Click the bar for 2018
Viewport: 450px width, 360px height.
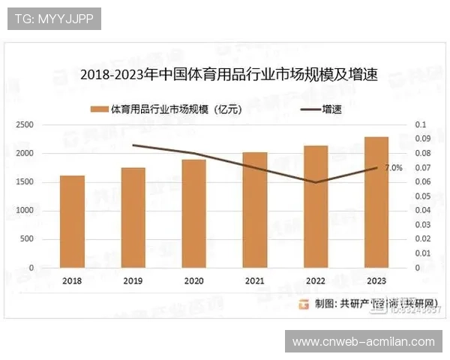pos(72,221)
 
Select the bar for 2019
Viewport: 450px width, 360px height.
pos(133,217)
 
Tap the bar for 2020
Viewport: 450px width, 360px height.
pos(194,213)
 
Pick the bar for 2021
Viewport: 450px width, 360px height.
pos(255,209)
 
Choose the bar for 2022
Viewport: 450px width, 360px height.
pos(316,206)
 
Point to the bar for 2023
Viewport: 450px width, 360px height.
pos(376,202)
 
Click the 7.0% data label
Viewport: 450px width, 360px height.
pos(393,167)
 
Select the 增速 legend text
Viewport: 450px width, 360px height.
pos(332,109)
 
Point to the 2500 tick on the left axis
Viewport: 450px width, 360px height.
pos(25,124)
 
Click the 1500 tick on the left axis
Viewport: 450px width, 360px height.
pos(25,182)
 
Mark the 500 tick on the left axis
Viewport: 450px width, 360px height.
pos(27,239)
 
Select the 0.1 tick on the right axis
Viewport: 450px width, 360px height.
pos(420,124)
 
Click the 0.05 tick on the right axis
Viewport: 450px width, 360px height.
pos(422,196)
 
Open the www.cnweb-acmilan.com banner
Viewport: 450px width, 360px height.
pos(363,342)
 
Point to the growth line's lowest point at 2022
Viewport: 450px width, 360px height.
pos(316,182)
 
